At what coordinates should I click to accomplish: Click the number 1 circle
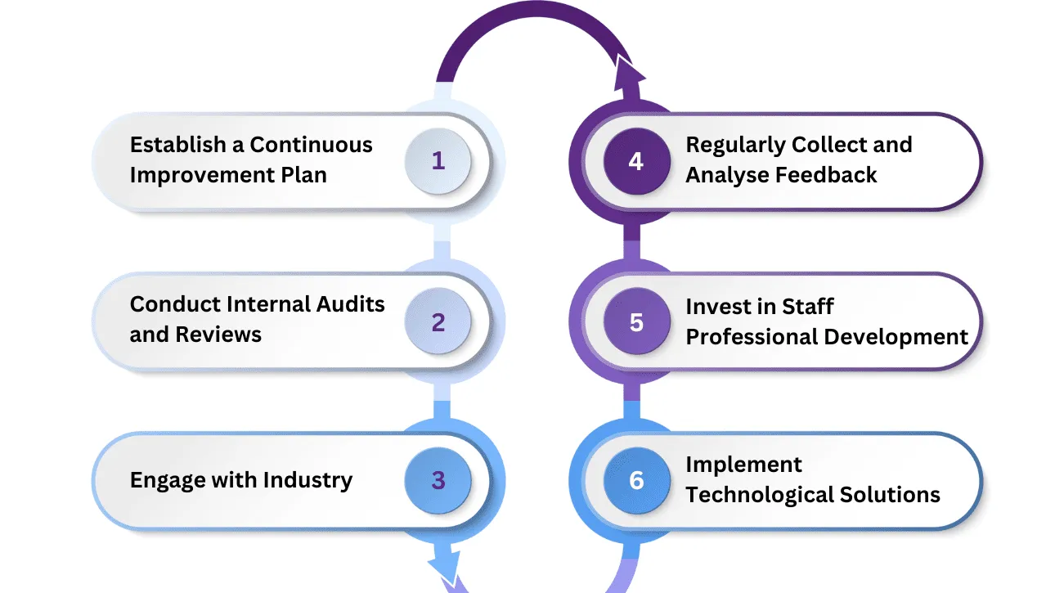pyautogui.click(x=438, y=161)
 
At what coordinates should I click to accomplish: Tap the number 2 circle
pyautogui.click(x=438, y=322)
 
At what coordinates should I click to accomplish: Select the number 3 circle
pyautogui.click(x=438, y=481)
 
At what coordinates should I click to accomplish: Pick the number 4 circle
pyautogui.click(x=636, y=161)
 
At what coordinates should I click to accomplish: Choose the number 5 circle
pyautogui.click(x=636, y=322)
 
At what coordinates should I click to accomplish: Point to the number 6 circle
pyautogui.click(x=636, y=481)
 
